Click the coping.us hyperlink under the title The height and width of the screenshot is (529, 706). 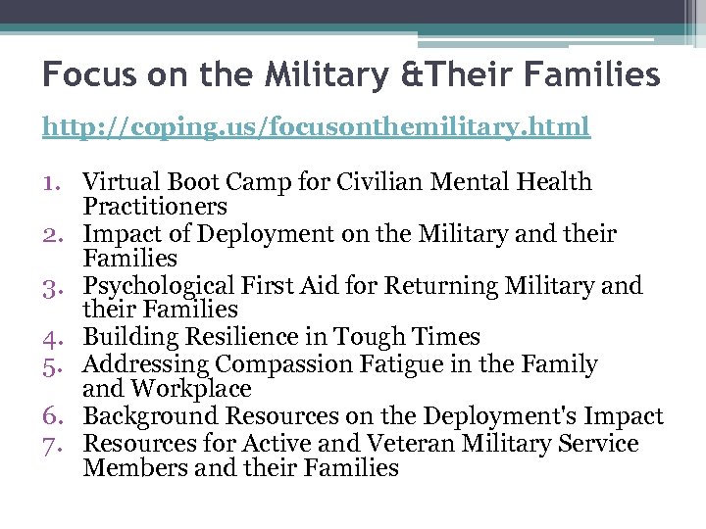click(316, 127)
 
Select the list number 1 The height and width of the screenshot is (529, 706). click(55, 182)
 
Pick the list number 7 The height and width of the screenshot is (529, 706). click(55, 444)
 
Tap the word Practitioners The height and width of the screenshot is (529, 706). click(155, 207)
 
